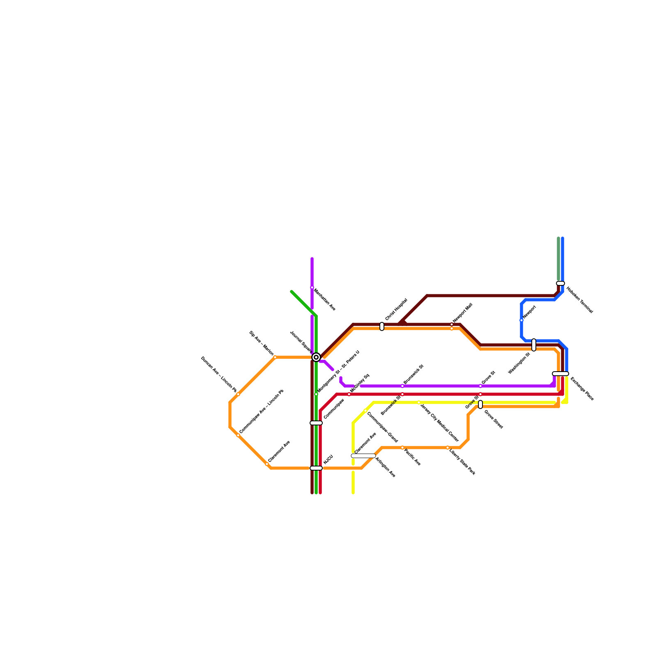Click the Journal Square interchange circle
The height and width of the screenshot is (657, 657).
[316, 357]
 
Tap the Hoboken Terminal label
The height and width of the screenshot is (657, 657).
[580, 300]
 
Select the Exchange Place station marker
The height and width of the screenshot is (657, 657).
[561, 374]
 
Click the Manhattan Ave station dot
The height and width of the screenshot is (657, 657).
[312, 287]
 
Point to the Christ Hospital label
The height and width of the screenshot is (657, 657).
[396, 310]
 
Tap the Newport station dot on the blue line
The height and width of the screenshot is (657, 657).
[521, 320]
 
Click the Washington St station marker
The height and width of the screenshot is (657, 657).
[534, 345]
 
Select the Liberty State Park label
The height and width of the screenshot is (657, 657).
[462, 462]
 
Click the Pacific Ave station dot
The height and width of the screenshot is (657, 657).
[402, 448]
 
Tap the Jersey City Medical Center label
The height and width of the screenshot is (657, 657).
[440, 422]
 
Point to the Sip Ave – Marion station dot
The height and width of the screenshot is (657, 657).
[275, 357]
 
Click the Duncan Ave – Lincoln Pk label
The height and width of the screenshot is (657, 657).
[218, 374]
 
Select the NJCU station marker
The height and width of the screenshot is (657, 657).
[316, 468]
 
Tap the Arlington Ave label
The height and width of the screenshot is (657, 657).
[386, 467]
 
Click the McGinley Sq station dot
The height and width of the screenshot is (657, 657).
[349, 394]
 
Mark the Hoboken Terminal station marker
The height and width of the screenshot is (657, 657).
[561, 283]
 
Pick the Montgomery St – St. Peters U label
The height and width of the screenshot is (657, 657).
[339, 371]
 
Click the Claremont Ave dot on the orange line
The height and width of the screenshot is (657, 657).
[267, 464]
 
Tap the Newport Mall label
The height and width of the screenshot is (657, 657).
[463, 313]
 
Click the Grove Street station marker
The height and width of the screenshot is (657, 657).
[480, 404]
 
